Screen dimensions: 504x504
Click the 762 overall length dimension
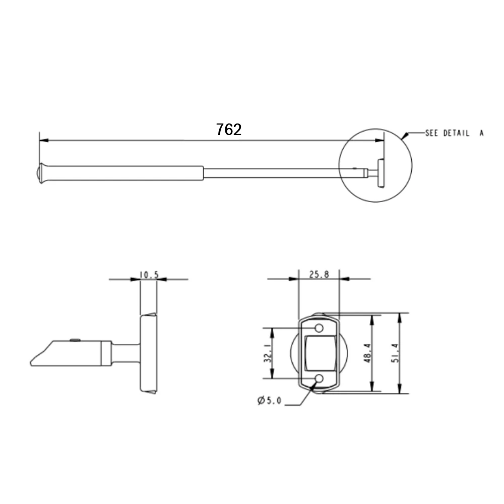pyautogui.click(x=229, y=130)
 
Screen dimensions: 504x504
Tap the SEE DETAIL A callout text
pyautogui.click(x=454, y=134)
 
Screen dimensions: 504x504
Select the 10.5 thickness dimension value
pyautogui.click(x=149, y=275)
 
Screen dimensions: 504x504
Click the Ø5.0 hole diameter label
pyautogui.click(x=269, y=401)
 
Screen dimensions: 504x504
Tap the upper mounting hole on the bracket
pyautogui.click(x=319, y=329)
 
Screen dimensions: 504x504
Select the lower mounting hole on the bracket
pyautogui.click(x=319, y=379)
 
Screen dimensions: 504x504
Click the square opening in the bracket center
pyautogui.click(x=319, y=353)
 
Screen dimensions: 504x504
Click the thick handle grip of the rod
pyautogui.click(x=126, y=173)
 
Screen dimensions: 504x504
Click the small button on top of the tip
pyautogui.click(x=75, y=340)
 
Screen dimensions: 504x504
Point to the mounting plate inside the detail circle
pyautogui.click(x=381, y=173)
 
